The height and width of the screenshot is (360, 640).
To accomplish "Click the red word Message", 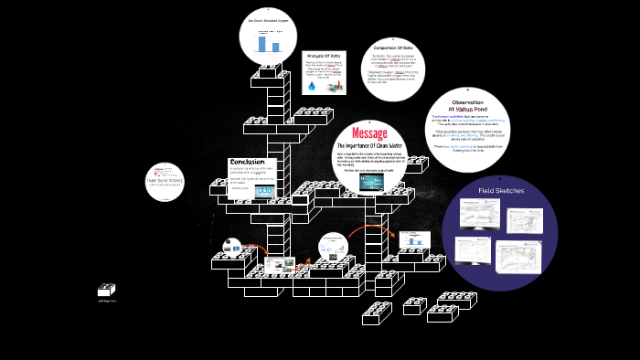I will click(x=369, y=134).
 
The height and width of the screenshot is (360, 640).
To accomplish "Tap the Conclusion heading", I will click(x=247, y=163).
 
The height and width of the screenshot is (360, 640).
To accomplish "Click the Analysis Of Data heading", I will click(x=323, y=57).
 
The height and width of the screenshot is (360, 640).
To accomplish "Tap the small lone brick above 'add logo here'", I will click(x=107, y=289).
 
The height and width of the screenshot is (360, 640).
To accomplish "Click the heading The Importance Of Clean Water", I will click(x=369, y=146).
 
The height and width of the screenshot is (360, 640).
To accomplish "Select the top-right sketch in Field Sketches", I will click(x=525, y=219).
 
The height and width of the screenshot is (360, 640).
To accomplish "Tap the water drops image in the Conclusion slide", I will click(x=265, y=192).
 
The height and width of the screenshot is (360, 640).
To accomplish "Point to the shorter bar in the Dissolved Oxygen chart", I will click(x=274, y=46).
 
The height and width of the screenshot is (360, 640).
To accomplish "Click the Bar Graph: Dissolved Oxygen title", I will click(x=268, y=19).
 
